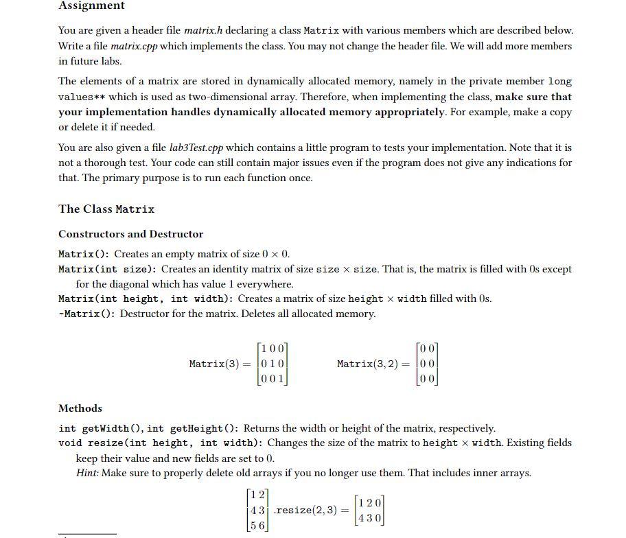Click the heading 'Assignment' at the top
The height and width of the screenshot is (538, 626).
(x=91, y=5)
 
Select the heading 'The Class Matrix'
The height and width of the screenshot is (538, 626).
(x=106, y=209)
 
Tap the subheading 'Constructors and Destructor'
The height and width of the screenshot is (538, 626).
(x=130, y=234)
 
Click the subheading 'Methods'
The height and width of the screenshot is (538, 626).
(x=80, y=408)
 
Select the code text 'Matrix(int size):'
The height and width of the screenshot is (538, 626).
(x=108, y=269)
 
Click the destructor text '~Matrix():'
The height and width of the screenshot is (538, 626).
(x=87, y=314)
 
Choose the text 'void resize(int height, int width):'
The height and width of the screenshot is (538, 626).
(x=162, y=443)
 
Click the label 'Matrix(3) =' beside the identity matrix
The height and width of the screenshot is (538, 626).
(x=220, y=364)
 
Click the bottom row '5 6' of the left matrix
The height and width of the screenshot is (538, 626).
(x=258, y=525)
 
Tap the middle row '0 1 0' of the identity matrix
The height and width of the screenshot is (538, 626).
(x=273, y=364)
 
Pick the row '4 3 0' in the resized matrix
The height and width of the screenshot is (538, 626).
(x=369, y=518)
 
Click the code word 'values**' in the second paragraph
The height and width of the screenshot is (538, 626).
(x=82, y=97)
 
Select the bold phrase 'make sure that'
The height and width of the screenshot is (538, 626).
(x=533, y=97)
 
